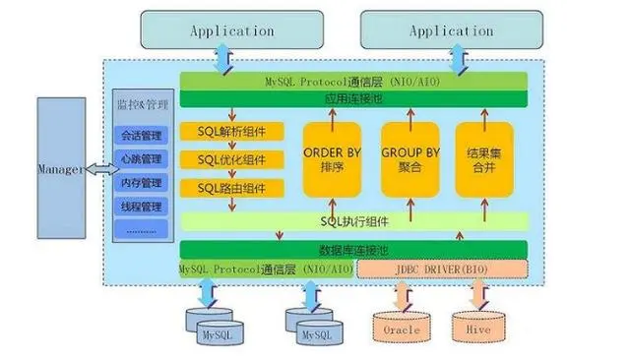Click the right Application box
(450, 30)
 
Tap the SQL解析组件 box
(231, 132)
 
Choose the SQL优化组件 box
(231, 159)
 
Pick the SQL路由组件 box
(231, 187)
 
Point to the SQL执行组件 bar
(354, 221)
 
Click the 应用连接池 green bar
(354, 99)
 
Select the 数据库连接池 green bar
(354, 250)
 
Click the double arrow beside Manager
(100, 170)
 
